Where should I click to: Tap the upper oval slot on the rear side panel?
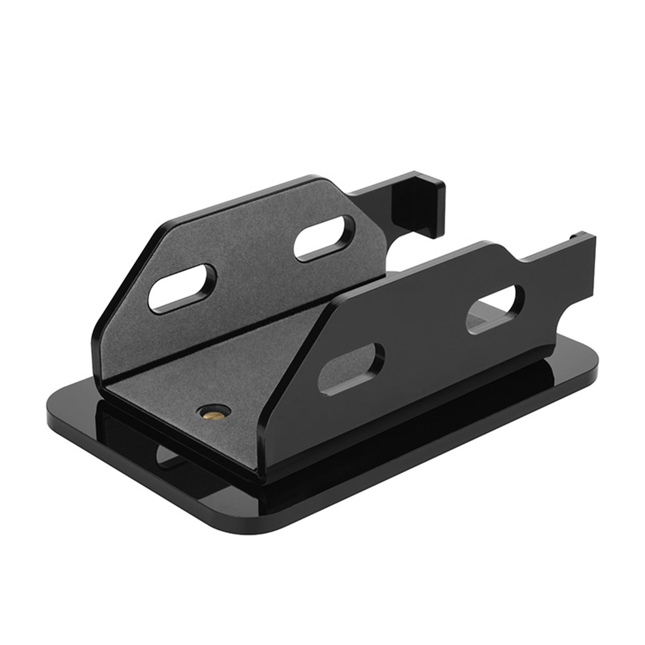tap(325, 239)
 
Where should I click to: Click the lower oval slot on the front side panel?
tap(351, 368)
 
